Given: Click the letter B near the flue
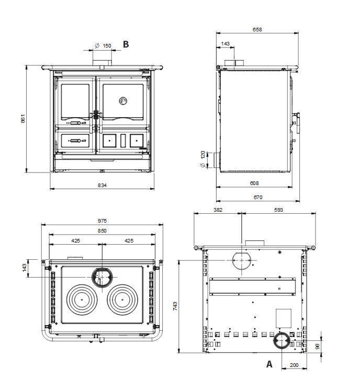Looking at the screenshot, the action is click(x=126, y=44).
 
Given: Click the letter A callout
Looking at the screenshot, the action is click(x=269, y=364).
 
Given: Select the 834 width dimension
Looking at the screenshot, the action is click(x=102, y=185).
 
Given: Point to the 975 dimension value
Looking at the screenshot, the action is click(x=102, y=221).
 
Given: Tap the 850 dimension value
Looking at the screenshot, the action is click(x=102, y=230).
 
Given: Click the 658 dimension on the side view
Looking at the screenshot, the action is click(x=257, y=29).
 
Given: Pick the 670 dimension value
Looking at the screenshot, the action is click(x=258, y=197).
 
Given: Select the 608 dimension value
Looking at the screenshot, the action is click(x=254, y=183).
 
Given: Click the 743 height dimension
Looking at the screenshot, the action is click(x=175, y=306).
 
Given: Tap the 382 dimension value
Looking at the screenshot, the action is click(x=218, y=210).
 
